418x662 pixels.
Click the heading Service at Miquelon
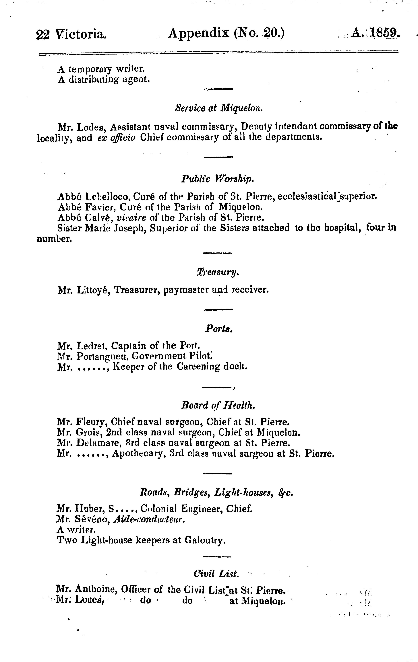[219, 108]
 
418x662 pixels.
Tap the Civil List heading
[216, 574]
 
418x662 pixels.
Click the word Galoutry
[205, 540]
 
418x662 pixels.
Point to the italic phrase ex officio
[117, 137]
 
